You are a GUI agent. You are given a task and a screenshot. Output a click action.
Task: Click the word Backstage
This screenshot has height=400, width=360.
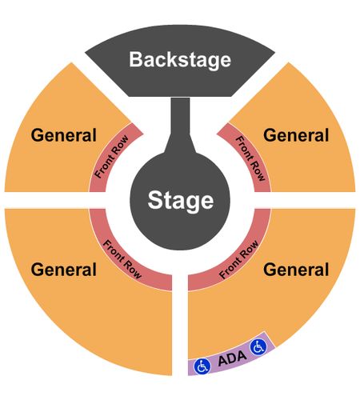180,60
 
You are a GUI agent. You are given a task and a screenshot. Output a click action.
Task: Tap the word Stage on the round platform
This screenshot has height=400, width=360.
181,201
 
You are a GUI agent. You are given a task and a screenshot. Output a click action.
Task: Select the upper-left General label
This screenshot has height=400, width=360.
63,135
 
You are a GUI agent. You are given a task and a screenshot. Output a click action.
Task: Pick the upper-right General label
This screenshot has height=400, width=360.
296,135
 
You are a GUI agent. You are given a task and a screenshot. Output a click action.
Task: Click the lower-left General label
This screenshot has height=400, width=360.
63,270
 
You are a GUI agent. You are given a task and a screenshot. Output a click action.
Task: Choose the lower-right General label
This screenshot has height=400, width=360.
296,270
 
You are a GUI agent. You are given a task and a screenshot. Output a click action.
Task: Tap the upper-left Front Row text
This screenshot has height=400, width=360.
111,157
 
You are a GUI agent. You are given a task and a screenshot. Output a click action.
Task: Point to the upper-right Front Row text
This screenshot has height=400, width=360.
251,158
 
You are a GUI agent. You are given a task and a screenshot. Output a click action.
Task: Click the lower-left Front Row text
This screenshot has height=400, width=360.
122,259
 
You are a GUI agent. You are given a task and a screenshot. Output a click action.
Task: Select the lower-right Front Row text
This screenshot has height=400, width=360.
238,259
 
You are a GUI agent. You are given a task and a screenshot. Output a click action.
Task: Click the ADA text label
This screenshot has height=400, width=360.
232,358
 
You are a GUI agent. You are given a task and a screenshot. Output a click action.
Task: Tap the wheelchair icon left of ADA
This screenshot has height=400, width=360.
202,366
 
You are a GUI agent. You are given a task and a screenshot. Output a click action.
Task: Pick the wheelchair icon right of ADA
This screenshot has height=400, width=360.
258,347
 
